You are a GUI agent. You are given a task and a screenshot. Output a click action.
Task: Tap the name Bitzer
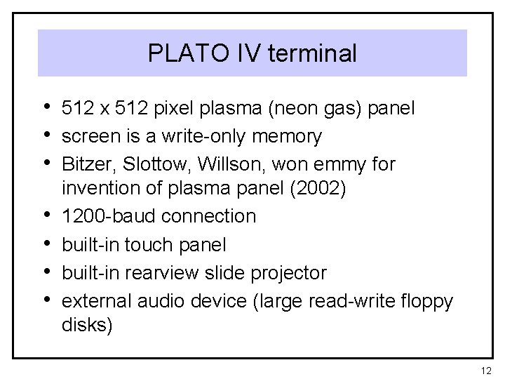[86, 164]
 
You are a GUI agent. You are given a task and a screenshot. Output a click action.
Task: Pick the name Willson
[219, 164]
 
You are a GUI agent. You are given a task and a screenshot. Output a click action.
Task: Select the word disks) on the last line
[86, 325]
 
